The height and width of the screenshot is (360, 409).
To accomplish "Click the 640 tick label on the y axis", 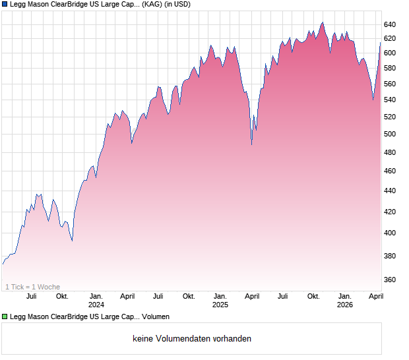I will tap(389, 24).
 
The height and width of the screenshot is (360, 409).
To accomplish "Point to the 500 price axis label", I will tap(389, 135).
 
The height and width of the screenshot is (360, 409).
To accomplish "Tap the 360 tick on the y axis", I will tap(389, 280).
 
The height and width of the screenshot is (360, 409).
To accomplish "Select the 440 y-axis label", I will tap(389, 191).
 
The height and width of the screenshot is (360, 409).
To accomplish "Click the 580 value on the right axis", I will tap(389, 69).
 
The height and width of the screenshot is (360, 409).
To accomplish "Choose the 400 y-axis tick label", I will tap(389, 233).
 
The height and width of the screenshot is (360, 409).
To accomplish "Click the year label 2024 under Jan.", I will tap(96, 305).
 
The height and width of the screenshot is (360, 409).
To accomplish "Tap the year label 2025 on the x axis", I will tap(220, 305).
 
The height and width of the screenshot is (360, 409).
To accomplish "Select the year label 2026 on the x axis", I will tap(344, 305).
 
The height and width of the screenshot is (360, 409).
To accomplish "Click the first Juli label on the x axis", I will tap(31, 297).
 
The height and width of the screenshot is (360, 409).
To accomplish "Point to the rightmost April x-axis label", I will tap(375, 297).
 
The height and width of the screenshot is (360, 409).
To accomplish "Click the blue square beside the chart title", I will tap(5, 5).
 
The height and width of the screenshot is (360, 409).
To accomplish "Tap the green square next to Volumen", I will tap(5, 317).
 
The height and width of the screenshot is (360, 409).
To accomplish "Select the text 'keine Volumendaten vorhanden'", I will tap(191, 339).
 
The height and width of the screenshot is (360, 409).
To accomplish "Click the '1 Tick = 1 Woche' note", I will tap(32, 287).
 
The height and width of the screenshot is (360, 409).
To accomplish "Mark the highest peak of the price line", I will tap(322, 22).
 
